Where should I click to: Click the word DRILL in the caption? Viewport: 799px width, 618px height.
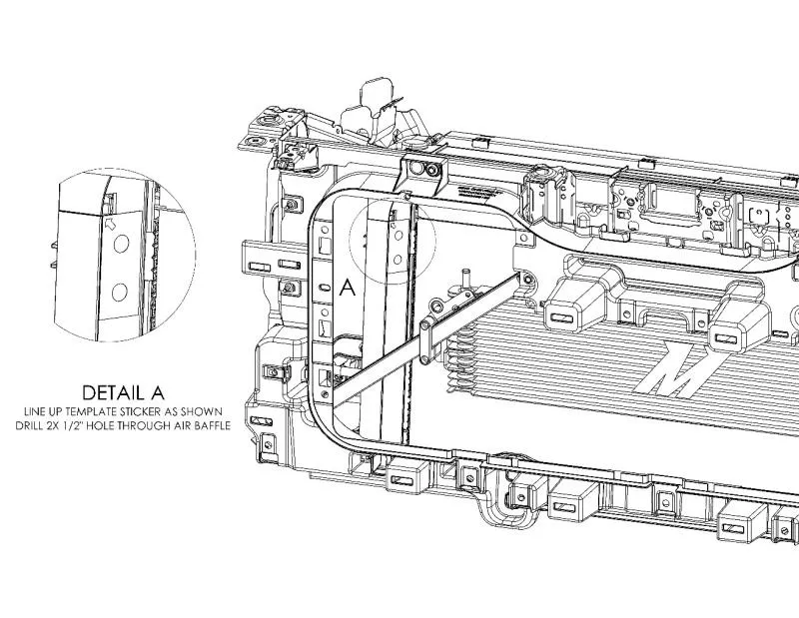[x=29, y=425]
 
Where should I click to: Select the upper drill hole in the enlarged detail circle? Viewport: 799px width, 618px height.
[x=121, y=244]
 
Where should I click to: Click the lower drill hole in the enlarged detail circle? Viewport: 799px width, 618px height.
[x=119, y=293]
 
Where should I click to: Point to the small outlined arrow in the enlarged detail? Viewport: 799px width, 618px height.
[x=110, y=224]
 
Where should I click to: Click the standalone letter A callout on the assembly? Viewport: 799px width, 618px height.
[x=347, y=288]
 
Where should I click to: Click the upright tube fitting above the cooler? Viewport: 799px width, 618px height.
[x=465, y=280]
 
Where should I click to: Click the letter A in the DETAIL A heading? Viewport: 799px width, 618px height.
[x=158, y=392]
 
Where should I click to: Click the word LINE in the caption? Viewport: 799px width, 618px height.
[x=33, y=411]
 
